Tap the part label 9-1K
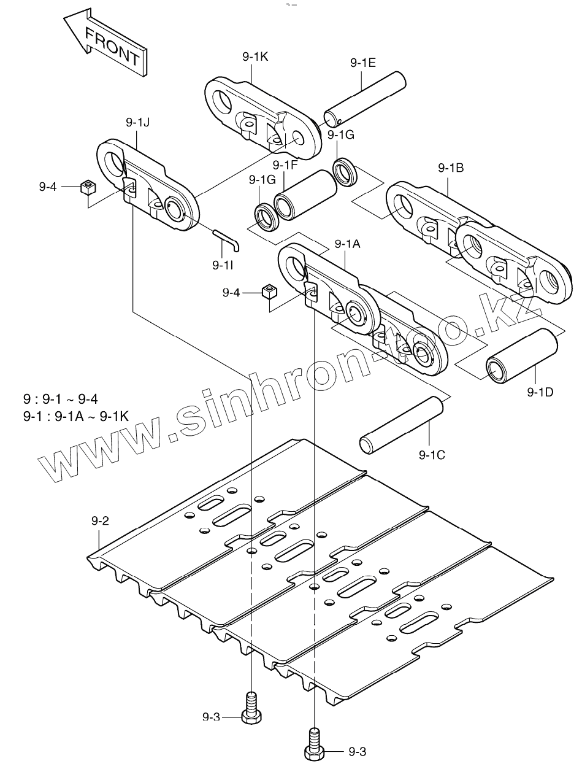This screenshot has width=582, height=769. [x=255, y=57]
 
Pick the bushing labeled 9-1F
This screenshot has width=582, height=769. [x=307, y=195]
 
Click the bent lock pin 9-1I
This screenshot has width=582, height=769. [x=228, y=239]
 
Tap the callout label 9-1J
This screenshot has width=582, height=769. [x=138, y=123]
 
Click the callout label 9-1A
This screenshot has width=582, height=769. [x=347, y=244]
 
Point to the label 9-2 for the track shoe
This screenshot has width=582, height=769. [x=100, y=521]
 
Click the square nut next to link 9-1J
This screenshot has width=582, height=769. [x=87, y=187]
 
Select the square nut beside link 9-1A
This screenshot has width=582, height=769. [x=267, y=292]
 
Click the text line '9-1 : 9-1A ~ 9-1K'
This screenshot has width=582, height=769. [x=75, y=416]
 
